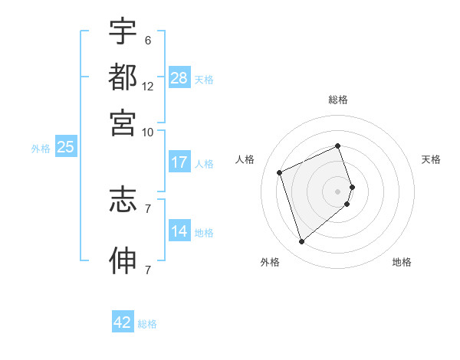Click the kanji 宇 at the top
(x=123, y=33)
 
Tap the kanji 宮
(x=123, y=122)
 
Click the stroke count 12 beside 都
(x=148, y=87)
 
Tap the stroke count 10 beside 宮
(x=148, y=131)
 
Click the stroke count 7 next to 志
(x=147, y=208)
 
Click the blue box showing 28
(x=179, y=78)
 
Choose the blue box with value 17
(x=179, y=162)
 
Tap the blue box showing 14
(x=179, y=232)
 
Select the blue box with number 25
(x=65, y=148)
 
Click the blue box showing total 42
(x=123, y=322)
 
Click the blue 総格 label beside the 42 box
(x=147, y=324)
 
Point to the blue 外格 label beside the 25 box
(x=41, y=149)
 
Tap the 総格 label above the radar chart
(x=338, y=100)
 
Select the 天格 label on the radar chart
(x=431, y=159)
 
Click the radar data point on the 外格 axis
(x=301, y=242)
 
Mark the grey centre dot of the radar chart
(x=338, y=190)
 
